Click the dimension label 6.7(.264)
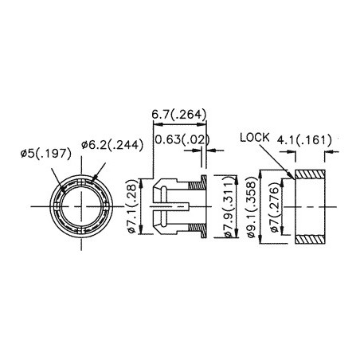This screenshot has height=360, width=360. pyautogui.click(x=179, y=115)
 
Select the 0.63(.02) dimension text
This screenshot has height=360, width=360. pyautogui.click(x=180, y=141)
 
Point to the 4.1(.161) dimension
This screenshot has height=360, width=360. pyautogui.click(x=303, y=141)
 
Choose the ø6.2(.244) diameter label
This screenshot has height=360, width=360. pyautogui.click(x=110, y=147)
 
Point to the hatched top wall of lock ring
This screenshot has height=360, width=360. pyautogui.click(x=311, y=174)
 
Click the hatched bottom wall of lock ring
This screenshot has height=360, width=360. pyautogui.click(x=311, y=240)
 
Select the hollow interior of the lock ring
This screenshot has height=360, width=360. pyautogui.click(x=311, y=207)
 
